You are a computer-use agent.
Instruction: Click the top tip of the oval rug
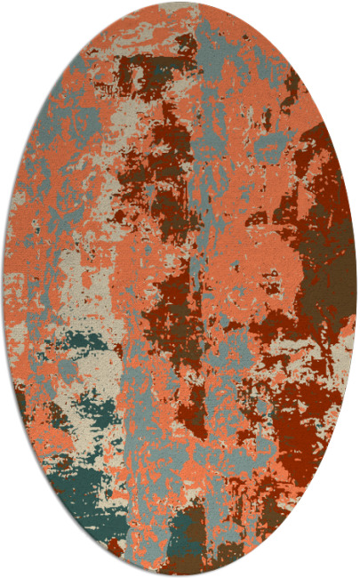(180, 4)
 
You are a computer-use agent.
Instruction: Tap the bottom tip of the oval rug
(180, 574)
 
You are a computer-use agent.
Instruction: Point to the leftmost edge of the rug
(4, 289)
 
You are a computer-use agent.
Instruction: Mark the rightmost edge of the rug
(356, 289)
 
